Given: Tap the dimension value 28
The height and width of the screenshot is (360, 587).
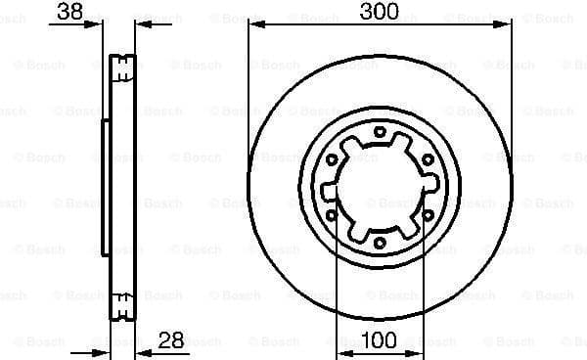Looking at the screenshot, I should tap(172, 341).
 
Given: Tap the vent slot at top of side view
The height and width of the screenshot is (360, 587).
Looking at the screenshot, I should tap(122, 67).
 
